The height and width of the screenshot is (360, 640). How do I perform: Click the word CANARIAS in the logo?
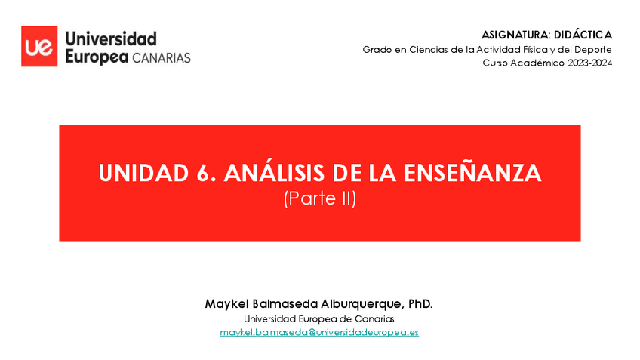pyautogui.click(x=162, y=57)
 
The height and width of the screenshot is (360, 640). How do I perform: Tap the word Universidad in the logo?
pyautogui.click(x=111, y=38)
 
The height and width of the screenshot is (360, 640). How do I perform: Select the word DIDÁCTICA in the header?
pyautogui.click(x=583, y=35)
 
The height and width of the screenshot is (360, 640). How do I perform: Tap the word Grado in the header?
pyautogui.click(x=377, y=49)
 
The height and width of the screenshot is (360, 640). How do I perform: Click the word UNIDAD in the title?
pyautogui.click(x=140, y=174)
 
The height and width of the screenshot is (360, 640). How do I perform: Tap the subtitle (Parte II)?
pyautogui.click(x=319, y=199)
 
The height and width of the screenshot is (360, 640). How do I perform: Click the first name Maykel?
pyautogui.click(x=227, y=303)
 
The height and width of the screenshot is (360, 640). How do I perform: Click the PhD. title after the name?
pyautogui.click(x=420, y=303)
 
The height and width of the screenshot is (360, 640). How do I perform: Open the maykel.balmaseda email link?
pyautogui.click(x=319, y=332)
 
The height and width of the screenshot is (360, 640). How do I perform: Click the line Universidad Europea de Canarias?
pyautogui.click(x=319, y=318)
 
